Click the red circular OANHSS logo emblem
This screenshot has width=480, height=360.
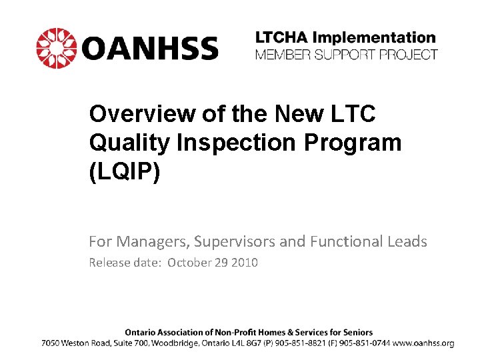56,48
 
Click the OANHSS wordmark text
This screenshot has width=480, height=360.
151,49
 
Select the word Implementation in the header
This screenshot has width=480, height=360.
379,38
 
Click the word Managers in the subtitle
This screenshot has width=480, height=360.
144,241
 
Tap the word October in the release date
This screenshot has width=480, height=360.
189,263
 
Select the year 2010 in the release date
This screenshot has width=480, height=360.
244,263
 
